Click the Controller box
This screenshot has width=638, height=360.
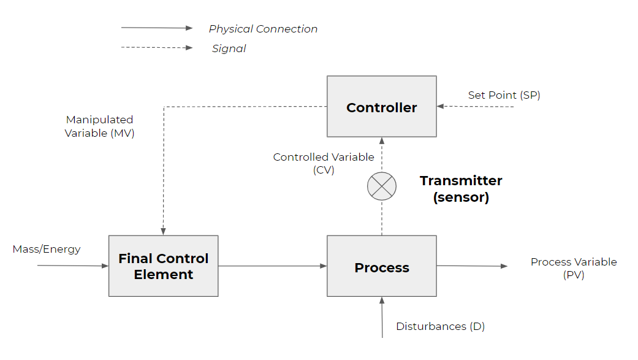click(x=381, y=107)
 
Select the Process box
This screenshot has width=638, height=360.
click(x=381, y=266)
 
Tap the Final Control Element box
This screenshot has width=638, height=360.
click(x=163, y=266)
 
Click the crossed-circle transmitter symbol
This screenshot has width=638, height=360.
click(x=381, y=186)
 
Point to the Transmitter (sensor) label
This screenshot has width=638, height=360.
click(x=460, y=189)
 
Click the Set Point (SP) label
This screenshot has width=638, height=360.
click(x=504, y=95)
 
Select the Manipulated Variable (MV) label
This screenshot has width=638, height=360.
click(x=99, y=126)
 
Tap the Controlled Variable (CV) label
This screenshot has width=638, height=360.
click(x=324, y=163)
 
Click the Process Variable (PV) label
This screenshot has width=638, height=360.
click(x=574, y=268)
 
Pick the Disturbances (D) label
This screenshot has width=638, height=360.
click(x=440, y=326)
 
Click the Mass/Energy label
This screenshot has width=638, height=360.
click(x=47, y=249)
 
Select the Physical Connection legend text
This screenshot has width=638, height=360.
click(x=263, y=29)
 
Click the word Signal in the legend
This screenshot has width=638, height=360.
click(x=229, y=48)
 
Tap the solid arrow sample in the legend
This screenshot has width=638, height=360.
click(x=157, y=28)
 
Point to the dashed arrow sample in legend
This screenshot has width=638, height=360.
click(x=157, y=47)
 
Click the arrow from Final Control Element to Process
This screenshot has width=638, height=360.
click(x=272, y=266)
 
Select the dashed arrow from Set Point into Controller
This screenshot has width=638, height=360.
click(x=476, y=107)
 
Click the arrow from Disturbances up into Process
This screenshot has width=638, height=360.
click(x=382, y=318)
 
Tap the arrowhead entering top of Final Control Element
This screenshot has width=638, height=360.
click(x=163, y=231)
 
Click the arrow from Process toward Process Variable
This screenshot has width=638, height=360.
click(x=472, y=266)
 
